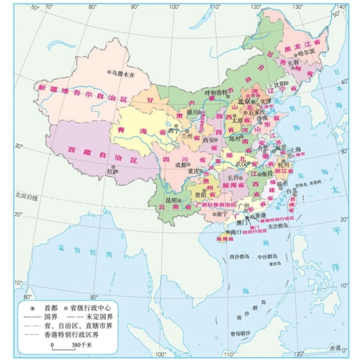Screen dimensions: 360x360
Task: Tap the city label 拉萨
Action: (112, 171)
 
